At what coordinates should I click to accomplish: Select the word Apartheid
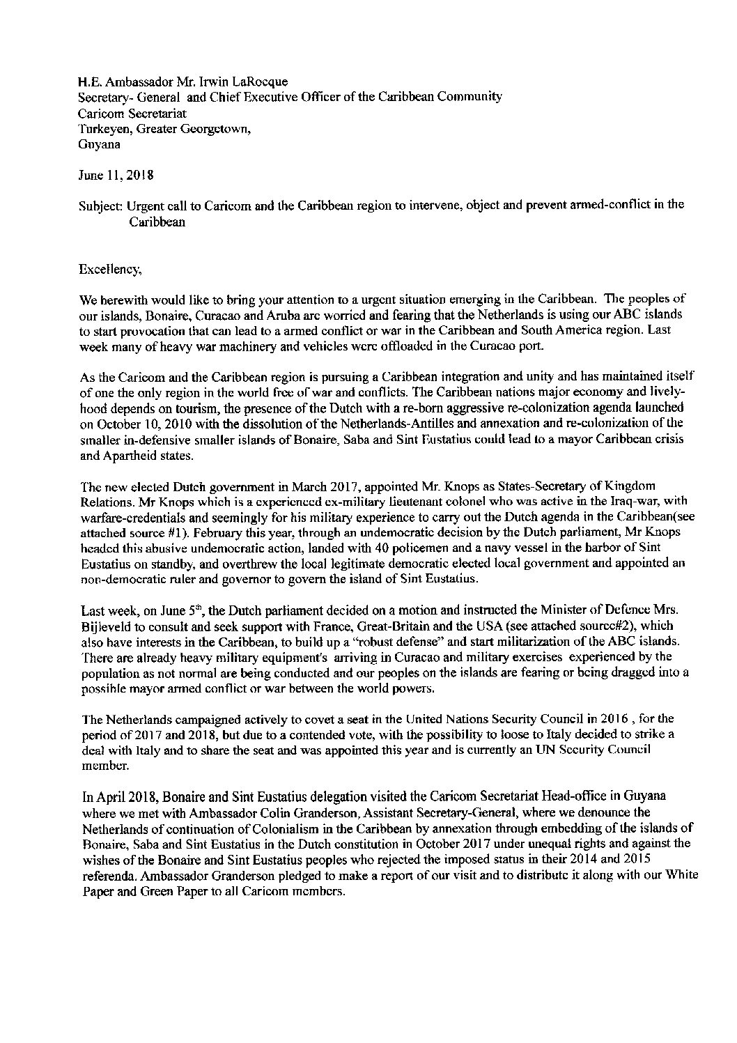tap(130, 453)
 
